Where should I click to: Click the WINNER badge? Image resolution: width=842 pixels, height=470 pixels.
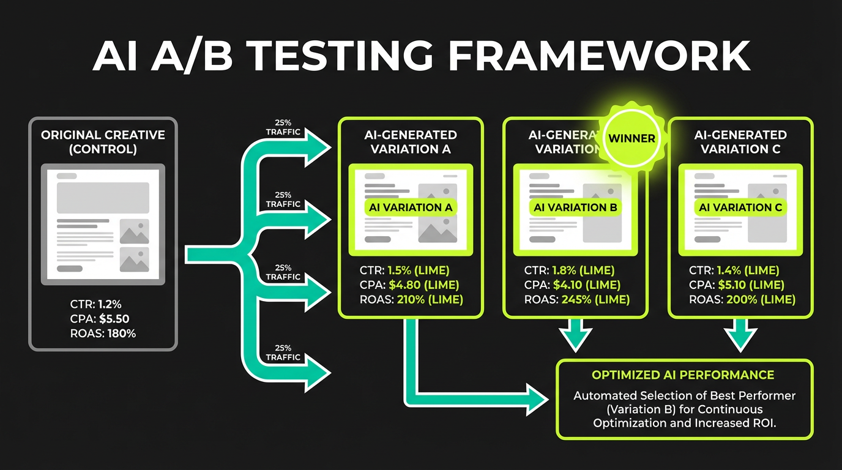(x=631, y=138)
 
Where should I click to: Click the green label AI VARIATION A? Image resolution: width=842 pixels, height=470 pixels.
(x=411, y=207)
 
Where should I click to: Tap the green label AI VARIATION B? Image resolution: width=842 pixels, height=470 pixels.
(x=575, y=207)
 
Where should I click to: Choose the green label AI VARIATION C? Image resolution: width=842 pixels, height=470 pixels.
(x=740, y=207)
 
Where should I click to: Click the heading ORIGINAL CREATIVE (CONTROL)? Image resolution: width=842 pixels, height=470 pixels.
(x=103, y=141)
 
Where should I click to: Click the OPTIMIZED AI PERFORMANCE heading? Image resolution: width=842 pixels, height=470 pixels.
(x=683, y=375)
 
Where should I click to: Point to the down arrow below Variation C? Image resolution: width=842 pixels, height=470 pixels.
(x=740, y=337)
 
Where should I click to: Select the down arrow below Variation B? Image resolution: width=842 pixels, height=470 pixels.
(x=576, y=337)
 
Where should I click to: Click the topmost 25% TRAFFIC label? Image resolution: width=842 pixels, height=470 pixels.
(x=283, y=127)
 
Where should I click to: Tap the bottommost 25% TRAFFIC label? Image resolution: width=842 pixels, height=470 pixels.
(x=283, y=352)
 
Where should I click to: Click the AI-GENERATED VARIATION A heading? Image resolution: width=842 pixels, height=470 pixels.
(x=411, y=141)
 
